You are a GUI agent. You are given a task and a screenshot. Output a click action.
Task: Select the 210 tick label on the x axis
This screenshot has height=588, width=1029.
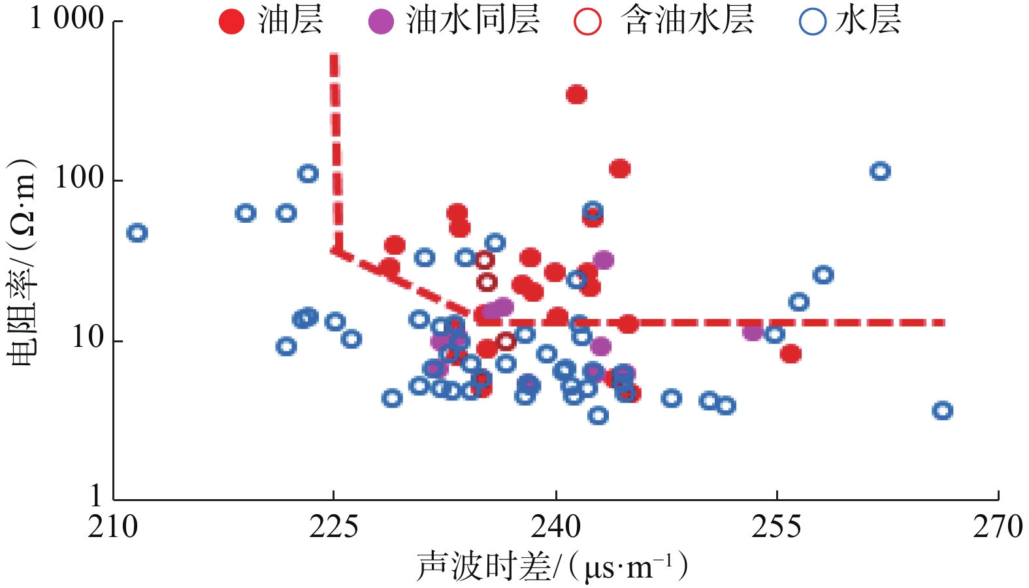point(113,527)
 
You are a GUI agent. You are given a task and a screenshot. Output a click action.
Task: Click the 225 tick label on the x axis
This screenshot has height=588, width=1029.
point(334,527)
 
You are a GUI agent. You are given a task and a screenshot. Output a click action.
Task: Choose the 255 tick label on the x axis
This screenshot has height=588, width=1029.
point(777,527)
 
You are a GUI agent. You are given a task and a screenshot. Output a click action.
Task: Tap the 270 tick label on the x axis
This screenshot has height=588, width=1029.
point(998,527)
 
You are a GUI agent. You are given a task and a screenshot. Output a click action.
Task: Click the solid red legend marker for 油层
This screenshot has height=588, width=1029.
point(231,21)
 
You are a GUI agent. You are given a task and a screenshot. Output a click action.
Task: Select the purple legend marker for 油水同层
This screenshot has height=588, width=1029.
point(381,21)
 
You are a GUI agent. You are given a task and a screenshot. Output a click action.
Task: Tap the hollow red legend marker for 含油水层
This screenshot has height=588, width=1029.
point(587,21)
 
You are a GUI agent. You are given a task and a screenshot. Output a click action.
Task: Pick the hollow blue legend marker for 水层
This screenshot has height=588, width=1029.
point(813,21)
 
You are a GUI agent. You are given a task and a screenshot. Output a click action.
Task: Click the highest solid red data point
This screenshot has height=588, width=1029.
point(576,95)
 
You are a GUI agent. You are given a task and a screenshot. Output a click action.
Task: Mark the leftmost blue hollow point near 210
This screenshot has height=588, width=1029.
point(137,233)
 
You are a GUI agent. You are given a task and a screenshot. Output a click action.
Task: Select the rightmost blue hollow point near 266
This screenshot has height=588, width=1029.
point(942,411)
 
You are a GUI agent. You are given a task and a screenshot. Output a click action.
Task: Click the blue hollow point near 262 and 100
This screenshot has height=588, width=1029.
point(880,171)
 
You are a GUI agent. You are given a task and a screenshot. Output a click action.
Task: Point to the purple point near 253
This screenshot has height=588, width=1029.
point(753,332)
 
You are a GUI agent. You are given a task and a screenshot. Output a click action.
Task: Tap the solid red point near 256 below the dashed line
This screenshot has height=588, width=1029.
point(791,354)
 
